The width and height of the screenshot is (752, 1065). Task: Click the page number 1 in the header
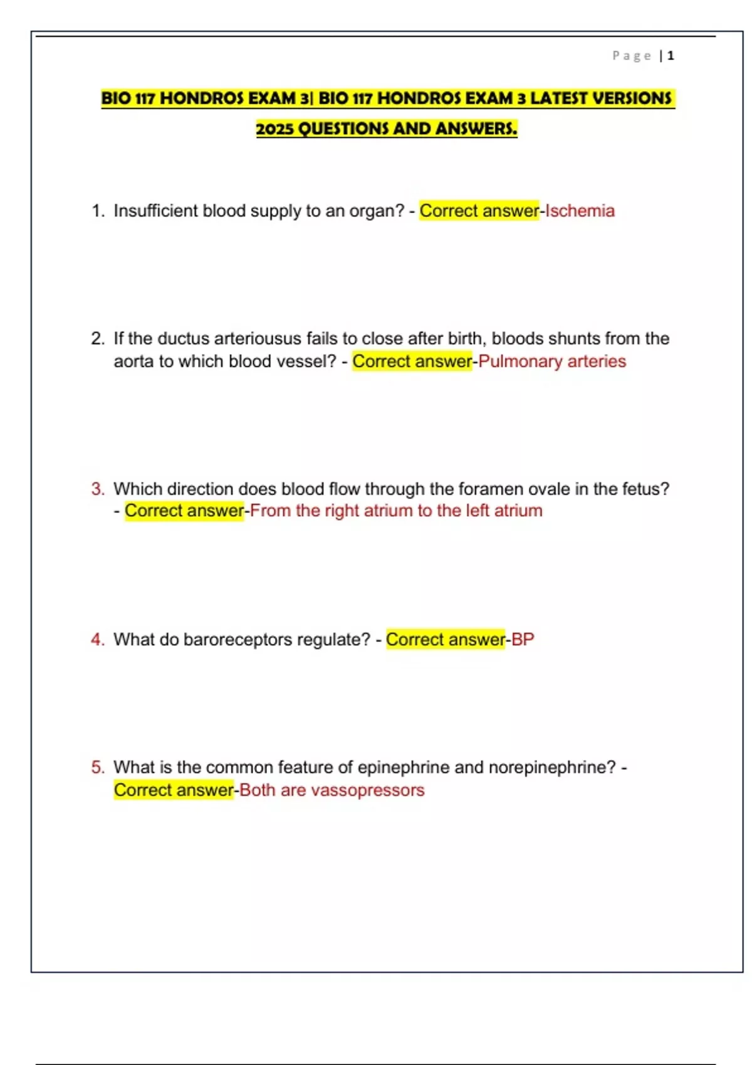[671, 56]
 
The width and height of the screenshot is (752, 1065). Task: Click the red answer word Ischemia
[580, 211]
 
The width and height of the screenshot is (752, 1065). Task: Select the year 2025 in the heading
[274, 129]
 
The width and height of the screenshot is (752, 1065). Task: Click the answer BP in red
[523, 640]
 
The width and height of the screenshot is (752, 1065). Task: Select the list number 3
[98, 489]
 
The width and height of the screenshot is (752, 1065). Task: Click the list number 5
[98, 767]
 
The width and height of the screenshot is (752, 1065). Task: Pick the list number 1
[97, 211]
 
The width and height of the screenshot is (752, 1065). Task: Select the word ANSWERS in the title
[476, 129]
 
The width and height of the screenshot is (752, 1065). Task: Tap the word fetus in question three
[645, 489]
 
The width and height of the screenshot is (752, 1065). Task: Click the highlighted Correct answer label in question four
[445, 640]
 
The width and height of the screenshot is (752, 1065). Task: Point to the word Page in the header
[632, 56]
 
